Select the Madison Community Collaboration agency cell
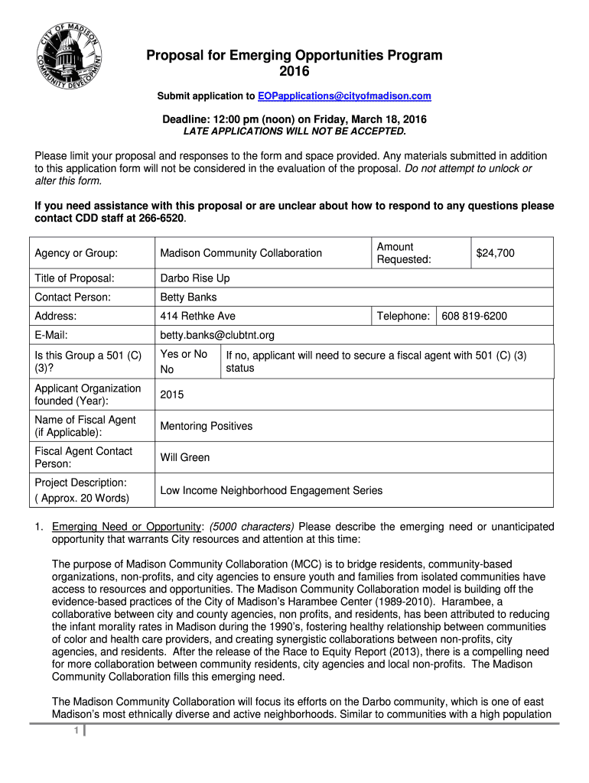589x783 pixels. click(241, 253)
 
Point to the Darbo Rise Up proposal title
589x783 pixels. click(194, 278)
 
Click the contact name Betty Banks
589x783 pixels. click(188, 297)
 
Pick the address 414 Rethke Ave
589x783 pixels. click(197, 316)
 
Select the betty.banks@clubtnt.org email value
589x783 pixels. click(216, 335)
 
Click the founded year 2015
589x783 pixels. click(172, 395)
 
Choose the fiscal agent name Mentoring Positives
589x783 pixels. click(206, 426)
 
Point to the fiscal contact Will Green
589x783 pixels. click(184, 457)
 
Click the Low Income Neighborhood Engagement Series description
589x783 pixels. click(272, 490)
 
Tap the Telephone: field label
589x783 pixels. click(403, 316)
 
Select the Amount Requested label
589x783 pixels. click(404, 253)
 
